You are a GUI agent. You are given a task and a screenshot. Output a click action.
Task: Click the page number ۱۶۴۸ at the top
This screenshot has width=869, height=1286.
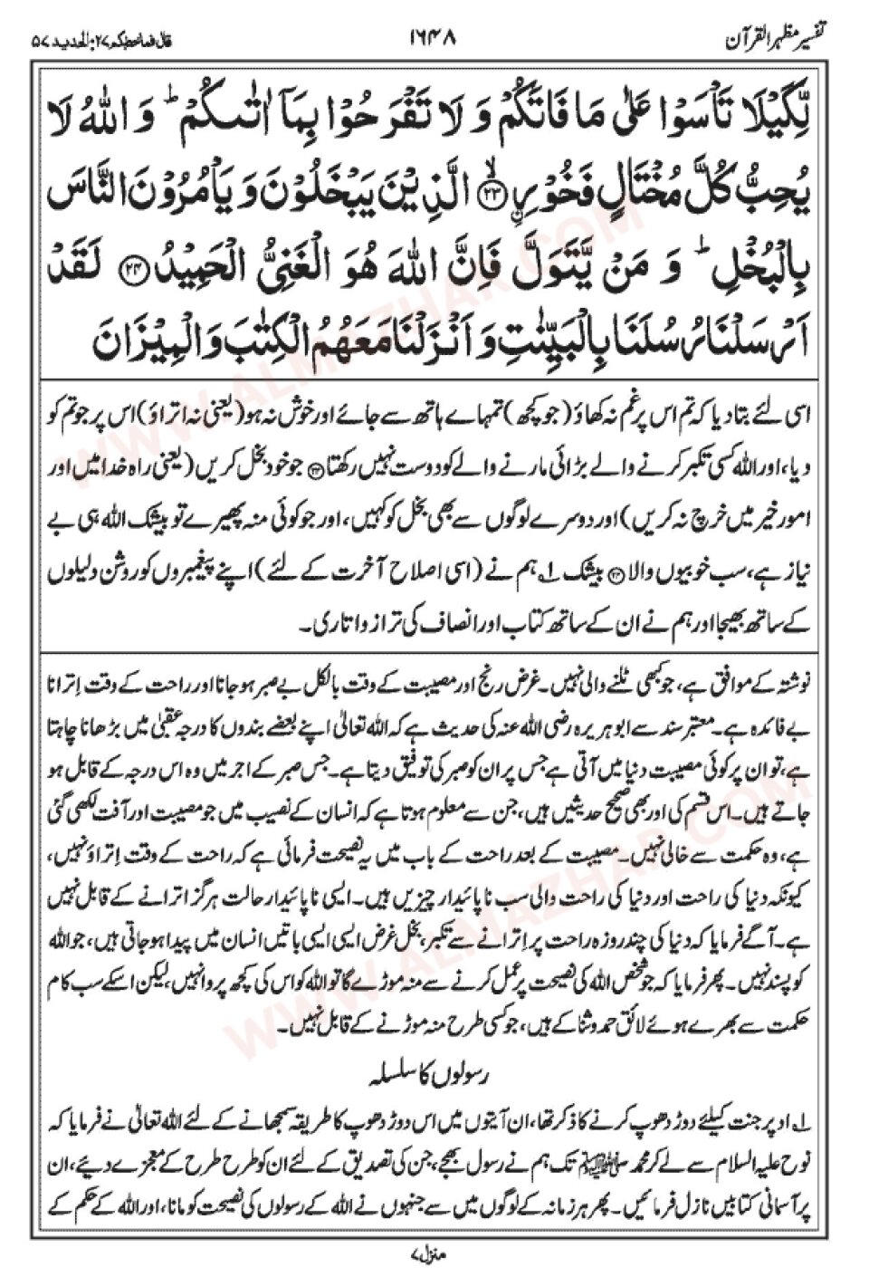point(434,40)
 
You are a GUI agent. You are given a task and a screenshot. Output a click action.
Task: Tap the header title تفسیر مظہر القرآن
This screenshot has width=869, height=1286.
point(779,40)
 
